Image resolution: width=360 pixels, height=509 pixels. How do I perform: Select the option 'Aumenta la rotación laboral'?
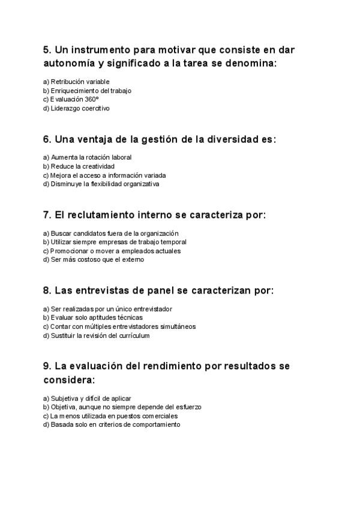pyautogui.click(x=87, y=157)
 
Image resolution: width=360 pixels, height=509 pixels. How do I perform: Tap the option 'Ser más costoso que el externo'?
pyautogui.click(x=94, y=260)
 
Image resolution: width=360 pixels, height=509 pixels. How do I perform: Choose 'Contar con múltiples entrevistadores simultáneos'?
pyautogui.click(x=119, y=327)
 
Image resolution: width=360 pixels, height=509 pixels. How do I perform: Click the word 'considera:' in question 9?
pyautogui.click(x=69, y=380)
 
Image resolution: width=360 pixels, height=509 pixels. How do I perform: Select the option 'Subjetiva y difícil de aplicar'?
pyautogui.click(x=87, y=398)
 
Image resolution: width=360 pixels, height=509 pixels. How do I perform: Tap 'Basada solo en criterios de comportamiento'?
pyautogui.click(x=111, y=424)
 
